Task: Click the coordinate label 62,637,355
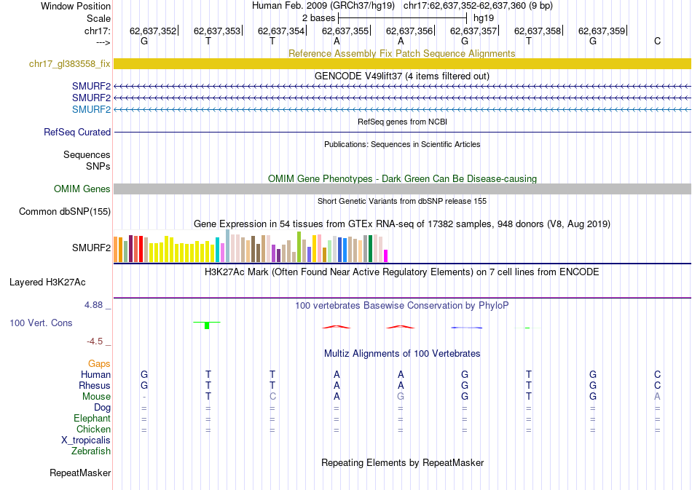[x=345, y=31]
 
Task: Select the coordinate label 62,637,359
[x=602, y=31]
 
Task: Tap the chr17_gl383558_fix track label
[x=70, y=64]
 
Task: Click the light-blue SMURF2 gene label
[x=91, y=109]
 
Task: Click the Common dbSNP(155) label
[x=65, y=212]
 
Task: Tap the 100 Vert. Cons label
[x=41, y=323]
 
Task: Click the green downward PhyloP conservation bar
[x=207, y=325]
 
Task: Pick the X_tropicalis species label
[x=86, y=440]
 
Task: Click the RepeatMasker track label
[x=80, y=473]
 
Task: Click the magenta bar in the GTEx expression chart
[x=386, y=256]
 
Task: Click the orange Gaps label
[x=99, y=363]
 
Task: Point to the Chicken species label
[x=94, y=429]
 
